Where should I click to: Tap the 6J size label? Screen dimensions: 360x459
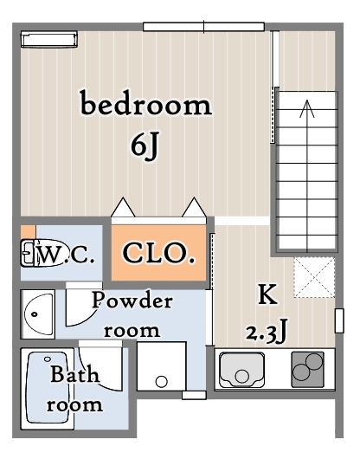tap(145, 145)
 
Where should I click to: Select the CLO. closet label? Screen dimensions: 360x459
tap(158, 253)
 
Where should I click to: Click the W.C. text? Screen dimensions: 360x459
tap(66, 255)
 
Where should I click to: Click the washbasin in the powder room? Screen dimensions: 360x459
tap(39, 314)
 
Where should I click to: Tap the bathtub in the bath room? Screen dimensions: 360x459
tap(48, 389)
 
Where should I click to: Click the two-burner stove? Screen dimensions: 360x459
tap(308, 370)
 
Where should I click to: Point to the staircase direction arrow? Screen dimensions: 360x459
tap(307, 176)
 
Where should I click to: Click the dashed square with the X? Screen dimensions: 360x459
tap(314, 277)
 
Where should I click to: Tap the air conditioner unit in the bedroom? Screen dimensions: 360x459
tap(49, 39)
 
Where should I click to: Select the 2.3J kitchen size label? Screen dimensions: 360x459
tap(266, 333)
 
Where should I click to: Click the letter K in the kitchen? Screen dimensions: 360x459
tap(267, 294)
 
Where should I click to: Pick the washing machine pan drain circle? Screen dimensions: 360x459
tap(161, 381)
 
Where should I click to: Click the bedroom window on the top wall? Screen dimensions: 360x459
tap(204, 27)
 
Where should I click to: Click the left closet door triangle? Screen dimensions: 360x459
tap(123, 207)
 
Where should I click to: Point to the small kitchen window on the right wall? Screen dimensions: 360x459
tap(339, 320)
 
